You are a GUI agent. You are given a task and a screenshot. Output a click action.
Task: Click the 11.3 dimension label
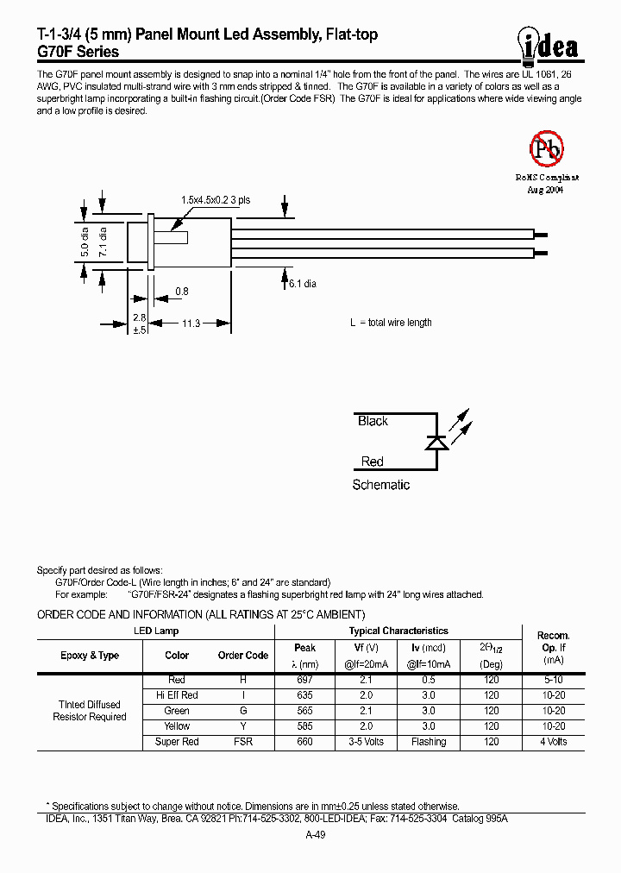tap(191, 323)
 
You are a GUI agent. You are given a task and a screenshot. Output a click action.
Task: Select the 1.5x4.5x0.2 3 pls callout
tap(216, 199)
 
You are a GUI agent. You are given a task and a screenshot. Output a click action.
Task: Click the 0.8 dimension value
tap(181, 292)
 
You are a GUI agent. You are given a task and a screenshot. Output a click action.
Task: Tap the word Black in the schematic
tap(373, 421)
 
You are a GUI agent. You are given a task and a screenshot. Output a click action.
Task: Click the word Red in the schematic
tap(372, 462)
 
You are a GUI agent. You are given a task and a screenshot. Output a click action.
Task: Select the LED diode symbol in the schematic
tap(436, 442)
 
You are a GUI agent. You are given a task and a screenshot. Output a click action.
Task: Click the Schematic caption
tap(380, 485)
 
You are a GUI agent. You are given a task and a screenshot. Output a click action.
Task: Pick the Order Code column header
tap(243, 656)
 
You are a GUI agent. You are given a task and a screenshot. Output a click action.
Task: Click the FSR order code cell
tap(243, 742)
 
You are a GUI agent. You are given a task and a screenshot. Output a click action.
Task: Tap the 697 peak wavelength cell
tap(304, 680)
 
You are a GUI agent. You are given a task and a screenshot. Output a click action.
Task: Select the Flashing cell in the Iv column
tap(429, 742)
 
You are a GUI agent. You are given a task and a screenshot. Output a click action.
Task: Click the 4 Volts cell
tap(553, 742)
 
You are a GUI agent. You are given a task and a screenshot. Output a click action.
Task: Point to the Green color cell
tap(177, 711)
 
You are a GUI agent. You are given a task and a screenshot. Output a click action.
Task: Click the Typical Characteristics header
tap(398, 631)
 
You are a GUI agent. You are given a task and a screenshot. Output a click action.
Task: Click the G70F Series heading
tap(78, 52)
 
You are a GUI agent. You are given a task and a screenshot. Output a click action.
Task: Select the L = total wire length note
tap(391, 323)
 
